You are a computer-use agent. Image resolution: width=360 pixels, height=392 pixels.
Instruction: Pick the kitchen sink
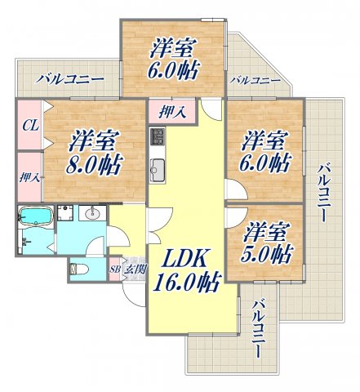click(158, 171)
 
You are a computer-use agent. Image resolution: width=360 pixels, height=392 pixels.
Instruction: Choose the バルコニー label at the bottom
click(259, 330)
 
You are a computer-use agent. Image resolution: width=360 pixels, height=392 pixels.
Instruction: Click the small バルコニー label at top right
click(254, 81)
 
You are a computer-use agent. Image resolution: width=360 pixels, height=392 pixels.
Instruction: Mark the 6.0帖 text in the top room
click(172, 72)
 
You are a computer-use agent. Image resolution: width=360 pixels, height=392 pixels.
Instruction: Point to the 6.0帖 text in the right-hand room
click(266, 162)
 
